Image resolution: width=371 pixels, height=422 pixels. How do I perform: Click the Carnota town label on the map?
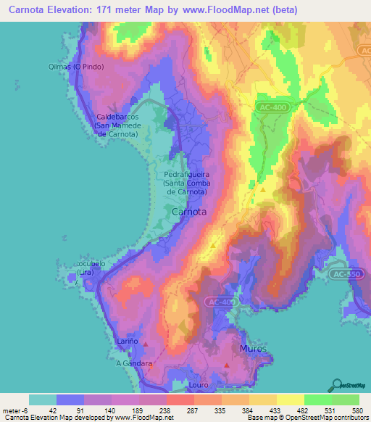[x=189, y=212]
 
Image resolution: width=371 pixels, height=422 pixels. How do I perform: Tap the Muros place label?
[x=253, y=349]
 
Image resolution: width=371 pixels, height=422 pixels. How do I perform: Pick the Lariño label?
[x=127, y=341]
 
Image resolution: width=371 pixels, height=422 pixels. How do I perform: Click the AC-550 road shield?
[x=345, y=275]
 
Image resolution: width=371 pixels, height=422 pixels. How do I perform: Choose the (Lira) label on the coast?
[x=88, y=273]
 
